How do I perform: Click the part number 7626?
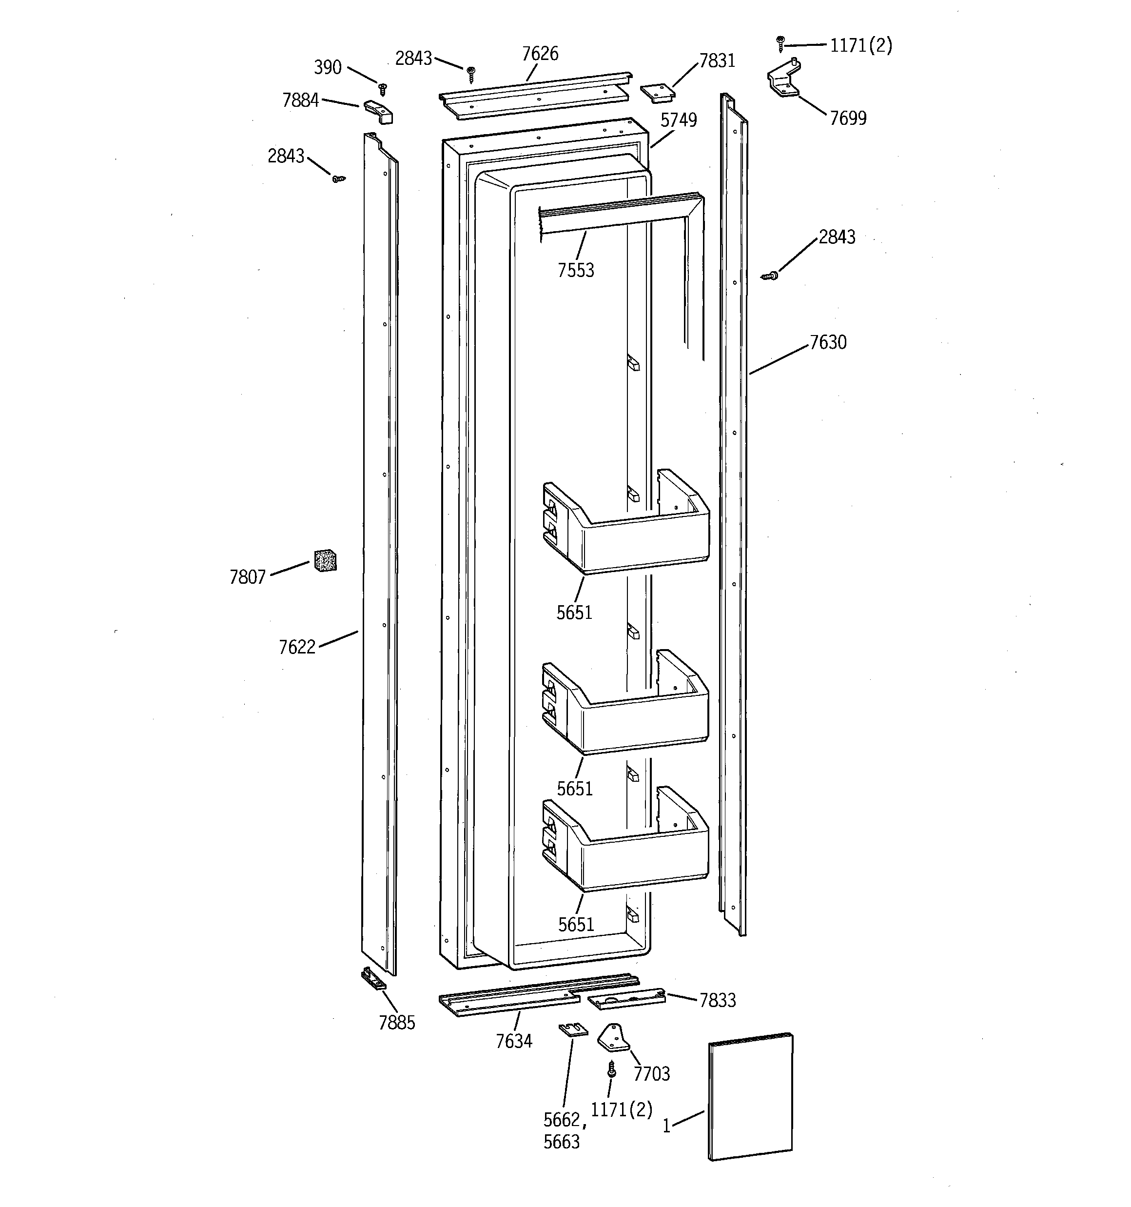click(540, 54)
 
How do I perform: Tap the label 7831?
click(717, 60)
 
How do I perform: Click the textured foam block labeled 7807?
click(325, 560)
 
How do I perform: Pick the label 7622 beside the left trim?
click(297, 647)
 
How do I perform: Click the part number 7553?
click(576, 270)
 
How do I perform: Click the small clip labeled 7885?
click(373, 979)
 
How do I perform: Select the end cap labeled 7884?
click(378, 112)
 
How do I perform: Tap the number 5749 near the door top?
click(678, 120)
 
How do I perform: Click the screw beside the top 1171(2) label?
click(780, 44)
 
